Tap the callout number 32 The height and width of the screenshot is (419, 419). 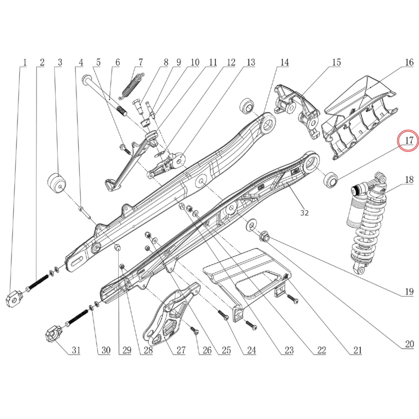(x=304, y=213)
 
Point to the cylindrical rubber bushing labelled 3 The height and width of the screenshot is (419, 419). (x=57, y=183)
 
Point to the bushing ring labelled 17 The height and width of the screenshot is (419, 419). (x=331, y=180)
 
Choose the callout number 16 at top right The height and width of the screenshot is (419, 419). (x=409, y=62)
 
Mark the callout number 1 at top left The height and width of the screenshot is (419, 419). (x=25, y=62)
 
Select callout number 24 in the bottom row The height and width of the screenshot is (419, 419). (x=251, y=350)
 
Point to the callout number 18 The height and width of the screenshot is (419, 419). (x=409, y=180)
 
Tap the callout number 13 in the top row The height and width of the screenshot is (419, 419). (x=251, y=62)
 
